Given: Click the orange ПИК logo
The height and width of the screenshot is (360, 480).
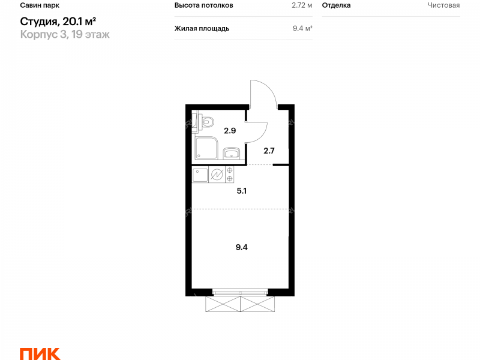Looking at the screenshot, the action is tap(40, 354).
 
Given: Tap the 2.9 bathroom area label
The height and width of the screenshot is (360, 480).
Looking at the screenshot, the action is tap(230, 131).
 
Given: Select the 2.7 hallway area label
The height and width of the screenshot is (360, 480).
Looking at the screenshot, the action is tap(269, 151).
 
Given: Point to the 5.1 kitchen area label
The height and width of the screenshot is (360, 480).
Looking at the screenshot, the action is tap(242, 191).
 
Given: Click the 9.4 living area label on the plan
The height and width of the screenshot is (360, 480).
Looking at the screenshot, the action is tap(242, 247).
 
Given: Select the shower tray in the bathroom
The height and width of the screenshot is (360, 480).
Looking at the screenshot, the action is tap(206, 148).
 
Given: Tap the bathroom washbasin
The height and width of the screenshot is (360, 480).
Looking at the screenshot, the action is tap(232, 153).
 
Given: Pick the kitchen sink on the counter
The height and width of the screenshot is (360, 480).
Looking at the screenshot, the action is tap(200, 175).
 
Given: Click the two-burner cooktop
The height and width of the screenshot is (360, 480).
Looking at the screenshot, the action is tap(230, 175).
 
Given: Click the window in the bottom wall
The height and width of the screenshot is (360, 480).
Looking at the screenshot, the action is tap(240, 292).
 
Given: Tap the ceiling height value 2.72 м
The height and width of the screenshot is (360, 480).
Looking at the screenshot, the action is tap(302, 5).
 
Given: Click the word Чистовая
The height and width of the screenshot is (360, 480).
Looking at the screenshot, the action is tap(443, 5).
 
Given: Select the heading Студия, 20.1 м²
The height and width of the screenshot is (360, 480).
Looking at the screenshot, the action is tap(58, 22).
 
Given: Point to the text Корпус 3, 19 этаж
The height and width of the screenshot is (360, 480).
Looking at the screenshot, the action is tap(65, 34).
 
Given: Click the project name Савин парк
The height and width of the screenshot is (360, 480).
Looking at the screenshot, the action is tap(40, 5).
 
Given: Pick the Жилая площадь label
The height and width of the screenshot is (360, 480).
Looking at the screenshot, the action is tap(202, 28).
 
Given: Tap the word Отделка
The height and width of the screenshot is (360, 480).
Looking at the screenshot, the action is tap(336, 5).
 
